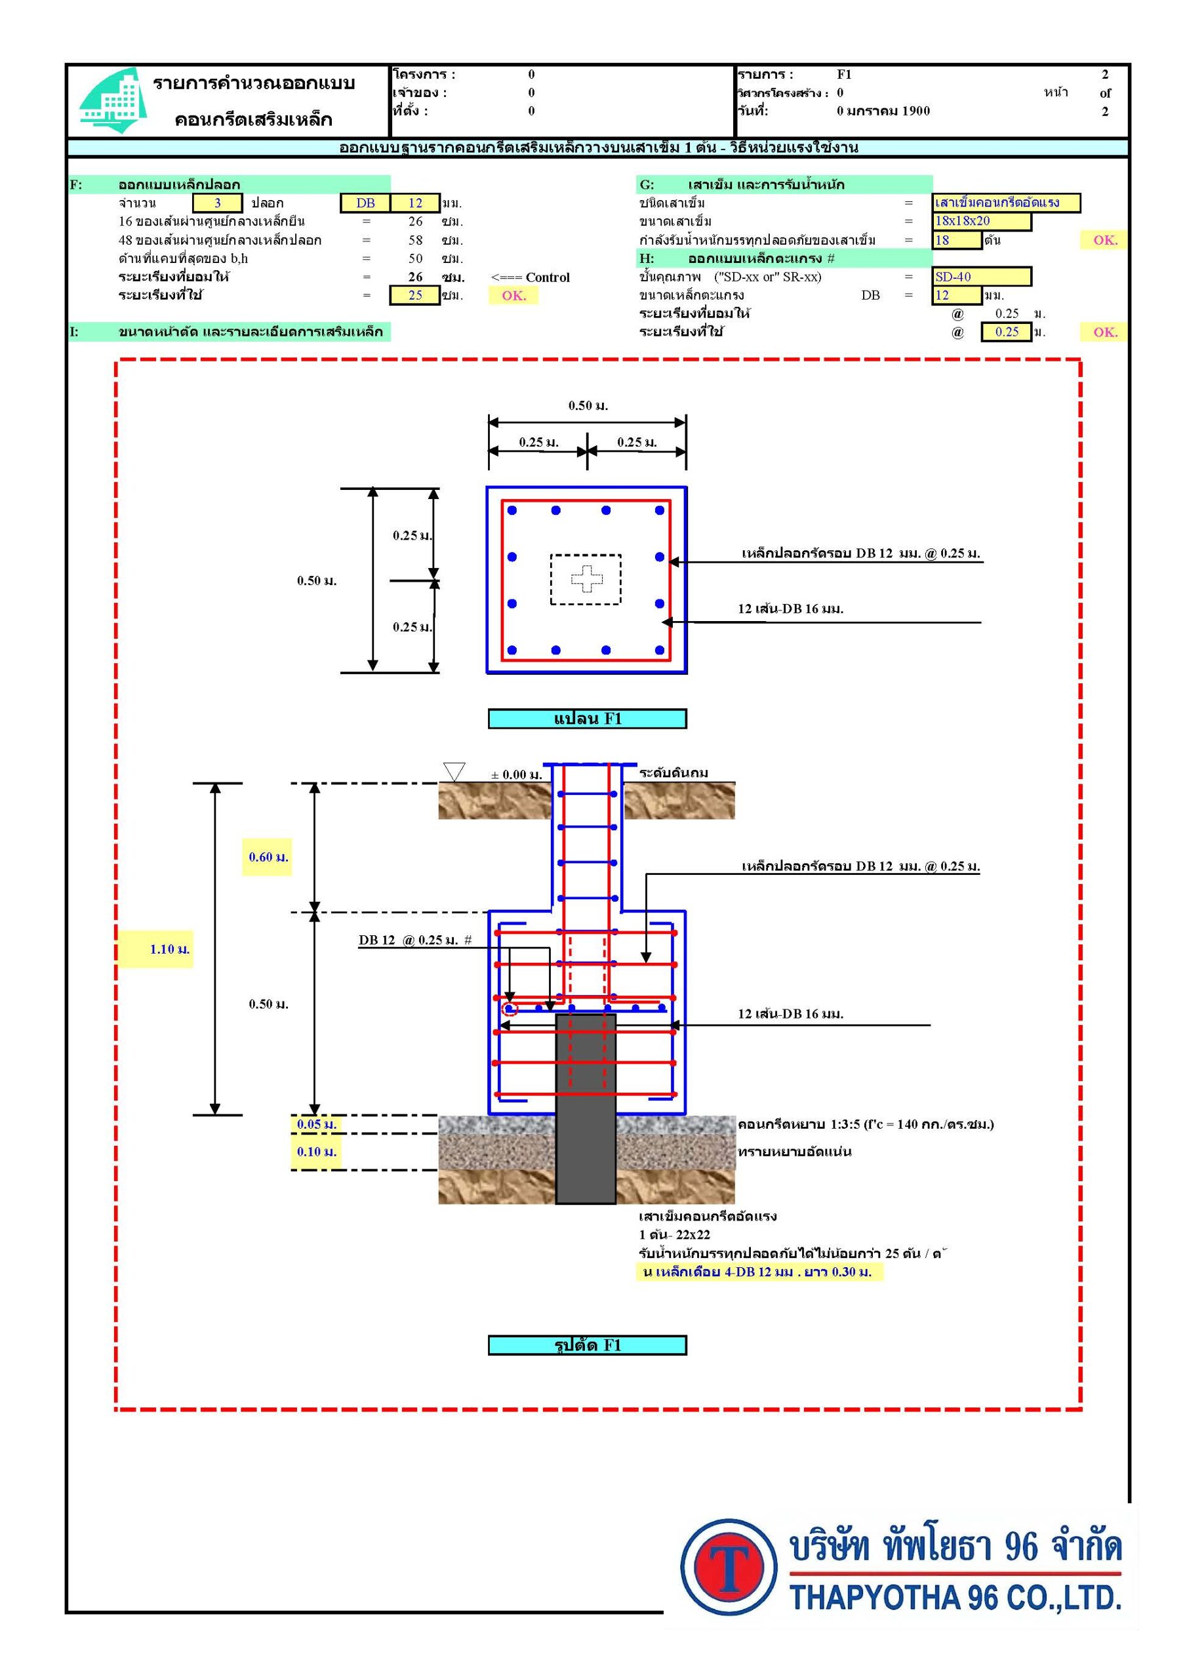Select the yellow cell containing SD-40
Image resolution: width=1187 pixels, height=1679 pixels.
coord(982,276)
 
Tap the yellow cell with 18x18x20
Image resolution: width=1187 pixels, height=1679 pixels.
coord(982,221)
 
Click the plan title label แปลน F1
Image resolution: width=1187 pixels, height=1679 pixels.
coord(588,719)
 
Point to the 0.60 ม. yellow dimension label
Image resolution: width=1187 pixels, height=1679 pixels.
coord(268,857)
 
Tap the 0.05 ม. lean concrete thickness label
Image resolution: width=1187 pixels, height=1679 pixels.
coord(317,1124)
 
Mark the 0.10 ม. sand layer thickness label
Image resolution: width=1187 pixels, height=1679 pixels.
coord(317,1152)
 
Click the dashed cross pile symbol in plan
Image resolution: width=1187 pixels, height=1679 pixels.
coord(586,579)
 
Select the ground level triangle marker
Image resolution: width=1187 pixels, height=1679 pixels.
coord(454,771)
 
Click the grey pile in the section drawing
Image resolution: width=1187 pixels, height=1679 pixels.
coord(585,1108)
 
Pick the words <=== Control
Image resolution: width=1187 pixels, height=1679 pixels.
coord(531,277)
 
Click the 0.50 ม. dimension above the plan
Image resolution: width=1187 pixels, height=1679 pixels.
coord(588,405)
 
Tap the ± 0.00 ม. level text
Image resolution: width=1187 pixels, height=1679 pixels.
coord(516,775)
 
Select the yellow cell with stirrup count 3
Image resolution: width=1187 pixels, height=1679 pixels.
coord(217,203)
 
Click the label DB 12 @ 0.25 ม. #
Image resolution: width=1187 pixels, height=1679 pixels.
coord(414,940)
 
